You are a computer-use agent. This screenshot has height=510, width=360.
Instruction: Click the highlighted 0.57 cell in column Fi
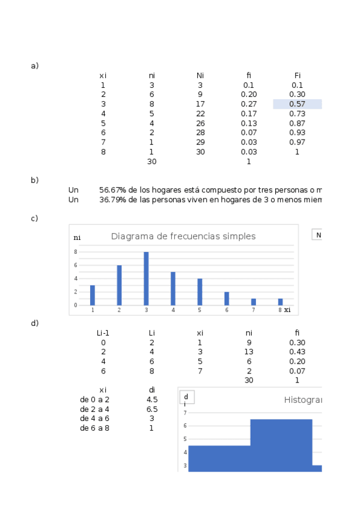297,104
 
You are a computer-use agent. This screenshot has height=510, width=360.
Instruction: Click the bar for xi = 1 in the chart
93,295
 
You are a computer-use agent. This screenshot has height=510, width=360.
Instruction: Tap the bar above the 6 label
227,298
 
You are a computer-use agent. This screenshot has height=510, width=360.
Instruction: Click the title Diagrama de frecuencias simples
183,236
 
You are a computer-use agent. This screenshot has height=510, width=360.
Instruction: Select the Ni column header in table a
200,75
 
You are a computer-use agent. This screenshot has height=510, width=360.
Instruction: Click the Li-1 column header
103,333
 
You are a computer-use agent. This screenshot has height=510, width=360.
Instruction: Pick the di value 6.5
152,409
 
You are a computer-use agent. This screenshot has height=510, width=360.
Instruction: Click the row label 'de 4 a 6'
94,419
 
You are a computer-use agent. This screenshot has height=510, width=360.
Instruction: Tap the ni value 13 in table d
249,352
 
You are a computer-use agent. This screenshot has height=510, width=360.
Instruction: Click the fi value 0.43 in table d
297,352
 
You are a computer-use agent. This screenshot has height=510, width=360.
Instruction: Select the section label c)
34,218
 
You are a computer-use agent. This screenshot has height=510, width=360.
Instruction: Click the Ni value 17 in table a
200,104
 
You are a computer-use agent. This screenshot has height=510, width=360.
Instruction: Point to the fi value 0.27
249,104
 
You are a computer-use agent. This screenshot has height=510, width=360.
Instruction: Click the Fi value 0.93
297,132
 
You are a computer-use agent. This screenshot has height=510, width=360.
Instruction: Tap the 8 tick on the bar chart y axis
76,252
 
